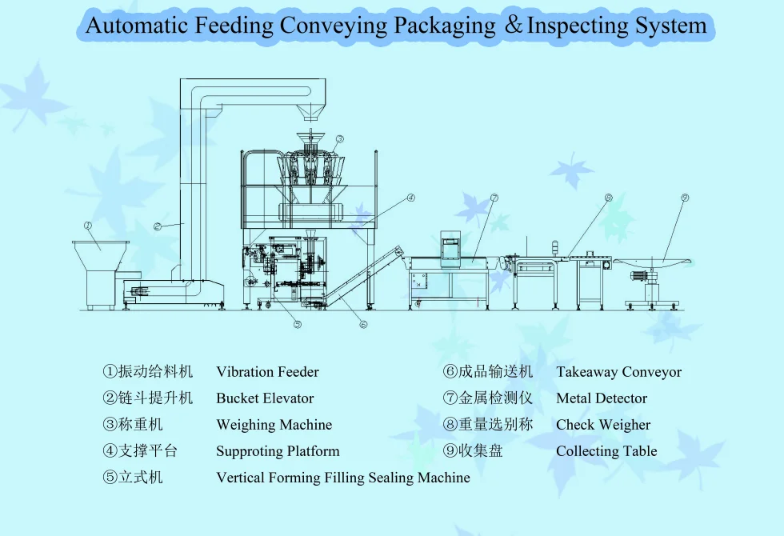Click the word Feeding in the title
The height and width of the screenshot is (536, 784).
[234, 26]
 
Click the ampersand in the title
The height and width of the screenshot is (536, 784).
[513, 26]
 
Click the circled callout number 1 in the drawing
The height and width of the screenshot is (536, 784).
[88, 226]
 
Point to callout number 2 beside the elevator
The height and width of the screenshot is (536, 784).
[158, 226]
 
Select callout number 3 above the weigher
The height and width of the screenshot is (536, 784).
[339, 139]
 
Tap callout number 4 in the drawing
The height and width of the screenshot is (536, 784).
[410, 198]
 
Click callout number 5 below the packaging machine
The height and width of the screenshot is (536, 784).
[297, 324]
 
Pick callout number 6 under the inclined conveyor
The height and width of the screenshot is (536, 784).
[362, 324]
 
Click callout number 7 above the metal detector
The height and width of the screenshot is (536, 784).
[494, 198]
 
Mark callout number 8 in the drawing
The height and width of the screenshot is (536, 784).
[608, 198]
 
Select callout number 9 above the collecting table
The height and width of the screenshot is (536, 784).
[685, 198]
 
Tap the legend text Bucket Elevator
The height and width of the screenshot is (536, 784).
[265, 398]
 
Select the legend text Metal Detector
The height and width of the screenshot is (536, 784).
[602, 398]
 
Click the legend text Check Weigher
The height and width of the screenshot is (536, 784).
[603, 425]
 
